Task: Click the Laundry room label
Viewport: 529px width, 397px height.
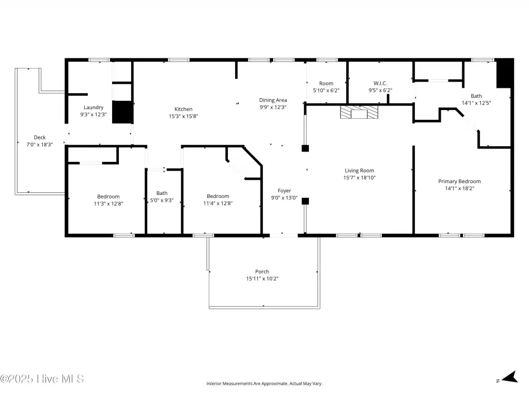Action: [94, 108]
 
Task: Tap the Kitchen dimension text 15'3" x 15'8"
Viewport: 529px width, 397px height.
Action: [183, 116]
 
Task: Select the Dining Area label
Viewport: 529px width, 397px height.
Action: [273, 100]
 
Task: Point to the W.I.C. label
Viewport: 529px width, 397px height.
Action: [380, 83]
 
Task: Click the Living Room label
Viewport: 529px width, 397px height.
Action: [360, 171]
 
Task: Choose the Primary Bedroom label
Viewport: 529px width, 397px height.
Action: [459, 181]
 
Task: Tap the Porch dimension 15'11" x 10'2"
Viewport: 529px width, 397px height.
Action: [262, 279]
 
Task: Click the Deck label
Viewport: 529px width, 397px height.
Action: [39, 138]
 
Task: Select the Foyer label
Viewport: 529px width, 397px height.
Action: [285, 191]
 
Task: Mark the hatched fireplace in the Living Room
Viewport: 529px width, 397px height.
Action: [359, 112]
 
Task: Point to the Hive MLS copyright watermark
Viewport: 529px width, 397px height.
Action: [42, 379]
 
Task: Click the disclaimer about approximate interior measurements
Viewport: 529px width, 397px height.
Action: [264, 384]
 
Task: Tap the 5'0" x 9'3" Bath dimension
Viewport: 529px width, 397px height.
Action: [162, 200]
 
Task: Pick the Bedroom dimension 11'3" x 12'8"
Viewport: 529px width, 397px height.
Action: [108, 204]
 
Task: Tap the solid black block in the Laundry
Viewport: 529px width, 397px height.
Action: [122, 112]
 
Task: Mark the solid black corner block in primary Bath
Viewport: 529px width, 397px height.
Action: [504, 73]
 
